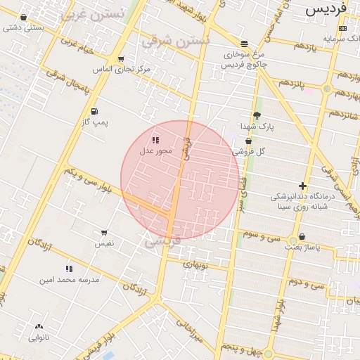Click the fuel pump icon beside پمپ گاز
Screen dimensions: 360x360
(94, 111)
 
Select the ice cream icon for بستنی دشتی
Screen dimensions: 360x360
(24, 18)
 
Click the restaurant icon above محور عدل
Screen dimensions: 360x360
(155, 141)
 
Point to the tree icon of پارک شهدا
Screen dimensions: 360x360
(257, 115)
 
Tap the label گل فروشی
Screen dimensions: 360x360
(251, 151)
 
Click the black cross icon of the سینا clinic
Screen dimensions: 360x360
(302, 186)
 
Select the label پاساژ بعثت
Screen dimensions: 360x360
(302, 247)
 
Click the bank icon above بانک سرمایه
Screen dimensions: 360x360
(342, 28)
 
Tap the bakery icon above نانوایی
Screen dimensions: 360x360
(38, 327)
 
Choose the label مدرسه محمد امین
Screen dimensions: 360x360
(70, 279)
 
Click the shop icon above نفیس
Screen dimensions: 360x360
(104, 233)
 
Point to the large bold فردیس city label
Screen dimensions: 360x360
(327, 11)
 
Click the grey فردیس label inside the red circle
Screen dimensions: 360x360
(162, 241)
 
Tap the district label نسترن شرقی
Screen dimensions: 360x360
(176, 41)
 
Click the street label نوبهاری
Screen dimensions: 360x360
(196, 265)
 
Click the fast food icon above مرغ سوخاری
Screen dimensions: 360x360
(243, 43)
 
